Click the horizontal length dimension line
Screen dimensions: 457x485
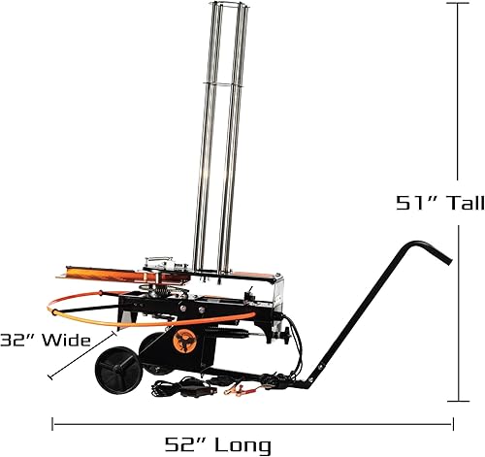(x=252, y=423)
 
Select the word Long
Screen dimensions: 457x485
(x=243, y=445)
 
